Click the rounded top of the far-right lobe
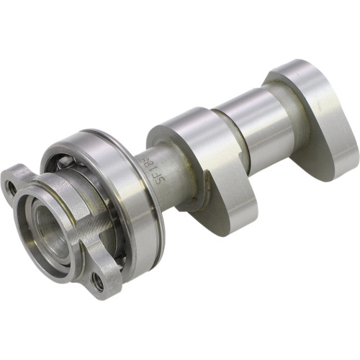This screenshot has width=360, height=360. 288,68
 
